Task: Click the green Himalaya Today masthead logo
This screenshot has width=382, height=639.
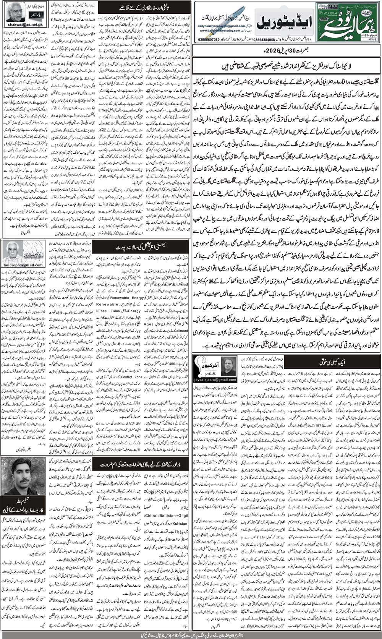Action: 348,22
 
